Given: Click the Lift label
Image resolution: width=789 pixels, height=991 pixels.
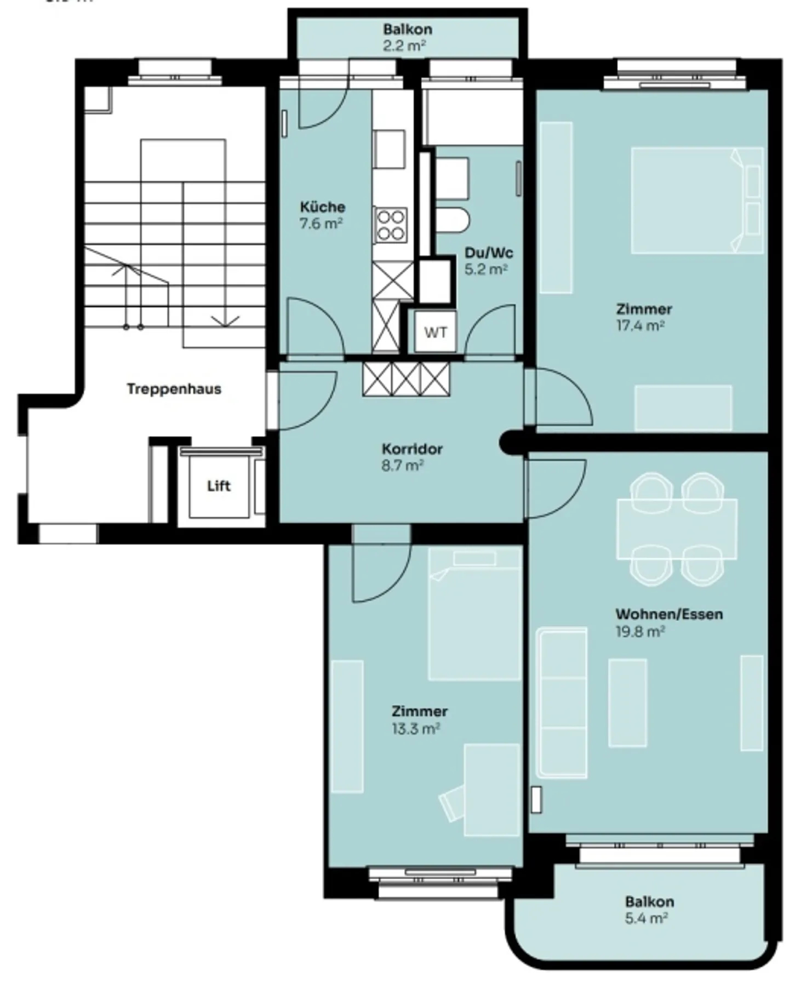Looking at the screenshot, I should click(x=219, y=486).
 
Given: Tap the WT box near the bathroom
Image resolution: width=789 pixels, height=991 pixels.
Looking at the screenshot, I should click(x=436, y=333).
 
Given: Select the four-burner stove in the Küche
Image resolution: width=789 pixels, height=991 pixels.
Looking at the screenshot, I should click(x=391, y=225).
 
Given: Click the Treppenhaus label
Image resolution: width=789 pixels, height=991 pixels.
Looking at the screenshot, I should click(x=174, y=389).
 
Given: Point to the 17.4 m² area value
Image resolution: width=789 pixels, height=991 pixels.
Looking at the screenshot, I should click(x=640, y=326).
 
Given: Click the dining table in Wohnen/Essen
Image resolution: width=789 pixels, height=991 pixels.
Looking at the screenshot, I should click(x=677, y=529).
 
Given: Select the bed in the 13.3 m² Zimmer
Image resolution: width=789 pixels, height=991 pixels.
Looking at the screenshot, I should click(x=474, y=614).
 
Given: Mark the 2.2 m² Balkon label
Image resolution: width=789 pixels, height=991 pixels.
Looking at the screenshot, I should click(x=407, y=29).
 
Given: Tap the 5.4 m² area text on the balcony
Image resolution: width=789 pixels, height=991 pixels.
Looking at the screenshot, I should click(x=646, y=918).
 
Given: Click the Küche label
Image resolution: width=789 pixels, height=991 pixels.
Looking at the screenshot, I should click(x=323, y=207).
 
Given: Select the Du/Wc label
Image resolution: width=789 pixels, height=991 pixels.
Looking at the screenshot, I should click(x=489, y=253).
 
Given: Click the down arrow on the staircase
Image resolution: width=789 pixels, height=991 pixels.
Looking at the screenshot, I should click(x=225, y=322).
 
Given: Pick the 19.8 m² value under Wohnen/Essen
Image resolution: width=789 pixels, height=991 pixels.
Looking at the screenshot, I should click(x=640, y=632).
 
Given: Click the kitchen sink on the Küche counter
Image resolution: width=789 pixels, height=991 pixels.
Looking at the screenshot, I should click(x=389, y=149).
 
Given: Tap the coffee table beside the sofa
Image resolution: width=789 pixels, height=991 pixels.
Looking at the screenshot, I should click(x=627, y=703).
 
